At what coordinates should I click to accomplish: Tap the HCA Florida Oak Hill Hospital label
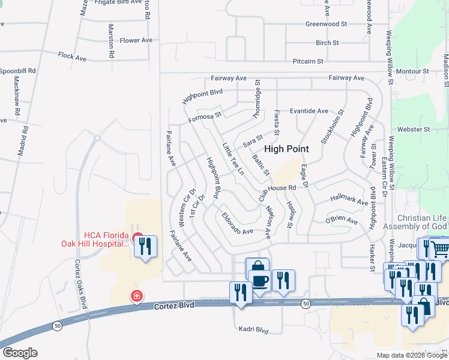coord(95,239)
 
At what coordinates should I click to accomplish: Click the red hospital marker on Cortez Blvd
coord(137,296)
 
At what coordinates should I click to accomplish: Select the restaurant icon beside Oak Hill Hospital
coord(145,246)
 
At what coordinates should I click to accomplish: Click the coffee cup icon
coord(260,280)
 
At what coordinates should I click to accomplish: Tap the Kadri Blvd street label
coord(254,329)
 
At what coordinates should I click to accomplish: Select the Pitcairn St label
coord(307,61)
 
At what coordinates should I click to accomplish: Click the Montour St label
coord(412,71)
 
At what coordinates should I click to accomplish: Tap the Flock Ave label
coord(73,56)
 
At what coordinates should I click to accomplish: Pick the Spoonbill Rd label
coord(18,70)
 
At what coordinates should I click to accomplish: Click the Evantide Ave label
coord(309,111)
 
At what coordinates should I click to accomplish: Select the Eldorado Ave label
coord(238,223)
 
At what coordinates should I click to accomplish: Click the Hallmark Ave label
coord(349,200)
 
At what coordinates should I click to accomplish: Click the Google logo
coord(19,353)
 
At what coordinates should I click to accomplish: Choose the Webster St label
coord(418,129)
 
